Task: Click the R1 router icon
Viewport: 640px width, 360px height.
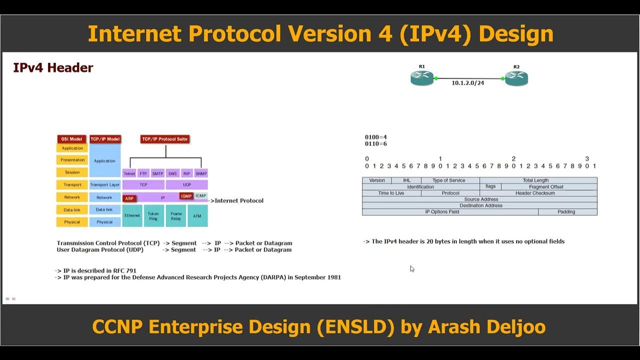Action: [x=421, y=77]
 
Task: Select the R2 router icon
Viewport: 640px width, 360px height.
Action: [x=516, y=78]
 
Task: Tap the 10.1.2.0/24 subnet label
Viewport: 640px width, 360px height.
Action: [x=467, y=83]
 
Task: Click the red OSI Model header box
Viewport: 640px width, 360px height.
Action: [x=72, y=139]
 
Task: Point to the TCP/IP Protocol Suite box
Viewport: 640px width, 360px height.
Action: [x=165, y=139]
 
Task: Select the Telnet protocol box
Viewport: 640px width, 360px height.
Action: [x=129, y=173]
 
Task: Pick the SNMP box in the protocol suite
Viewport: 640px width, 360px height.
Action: [x=201, y=173]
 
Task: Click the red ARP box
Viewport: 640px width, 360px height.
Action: [x=129, y=198]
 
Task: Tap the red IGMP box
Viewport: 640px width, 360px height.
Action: [x=186, y=196]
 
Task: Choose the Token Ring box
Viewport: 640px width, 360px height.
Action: [x=153, y=215]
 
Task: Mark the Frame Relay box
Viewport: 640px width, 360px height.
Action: [x=176, y=215]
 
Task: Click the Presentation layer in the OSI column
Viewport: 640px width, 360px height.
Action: [x=72, y=160]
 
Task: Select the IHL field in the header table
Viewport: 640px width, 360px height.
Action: [x=406, y=180]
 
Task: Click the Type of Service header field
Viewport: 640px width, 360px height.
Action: [x=450, y=180]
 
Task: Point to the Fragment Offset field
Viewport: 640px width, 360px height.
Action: [x=548, y=187]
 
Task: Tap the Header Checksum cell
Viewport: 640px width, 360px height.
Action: [x=535, y=193]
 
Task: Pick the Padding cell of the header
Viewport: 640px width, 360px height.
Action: [x=567, y=212]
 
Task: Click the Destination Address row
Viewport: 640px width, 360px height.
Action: [x=479, y=205]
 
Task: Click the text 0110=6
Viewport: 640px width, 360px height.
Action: [x=376, y=144]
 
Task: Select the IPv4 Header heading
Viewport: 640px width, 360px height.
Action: [x=53, y=68]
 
